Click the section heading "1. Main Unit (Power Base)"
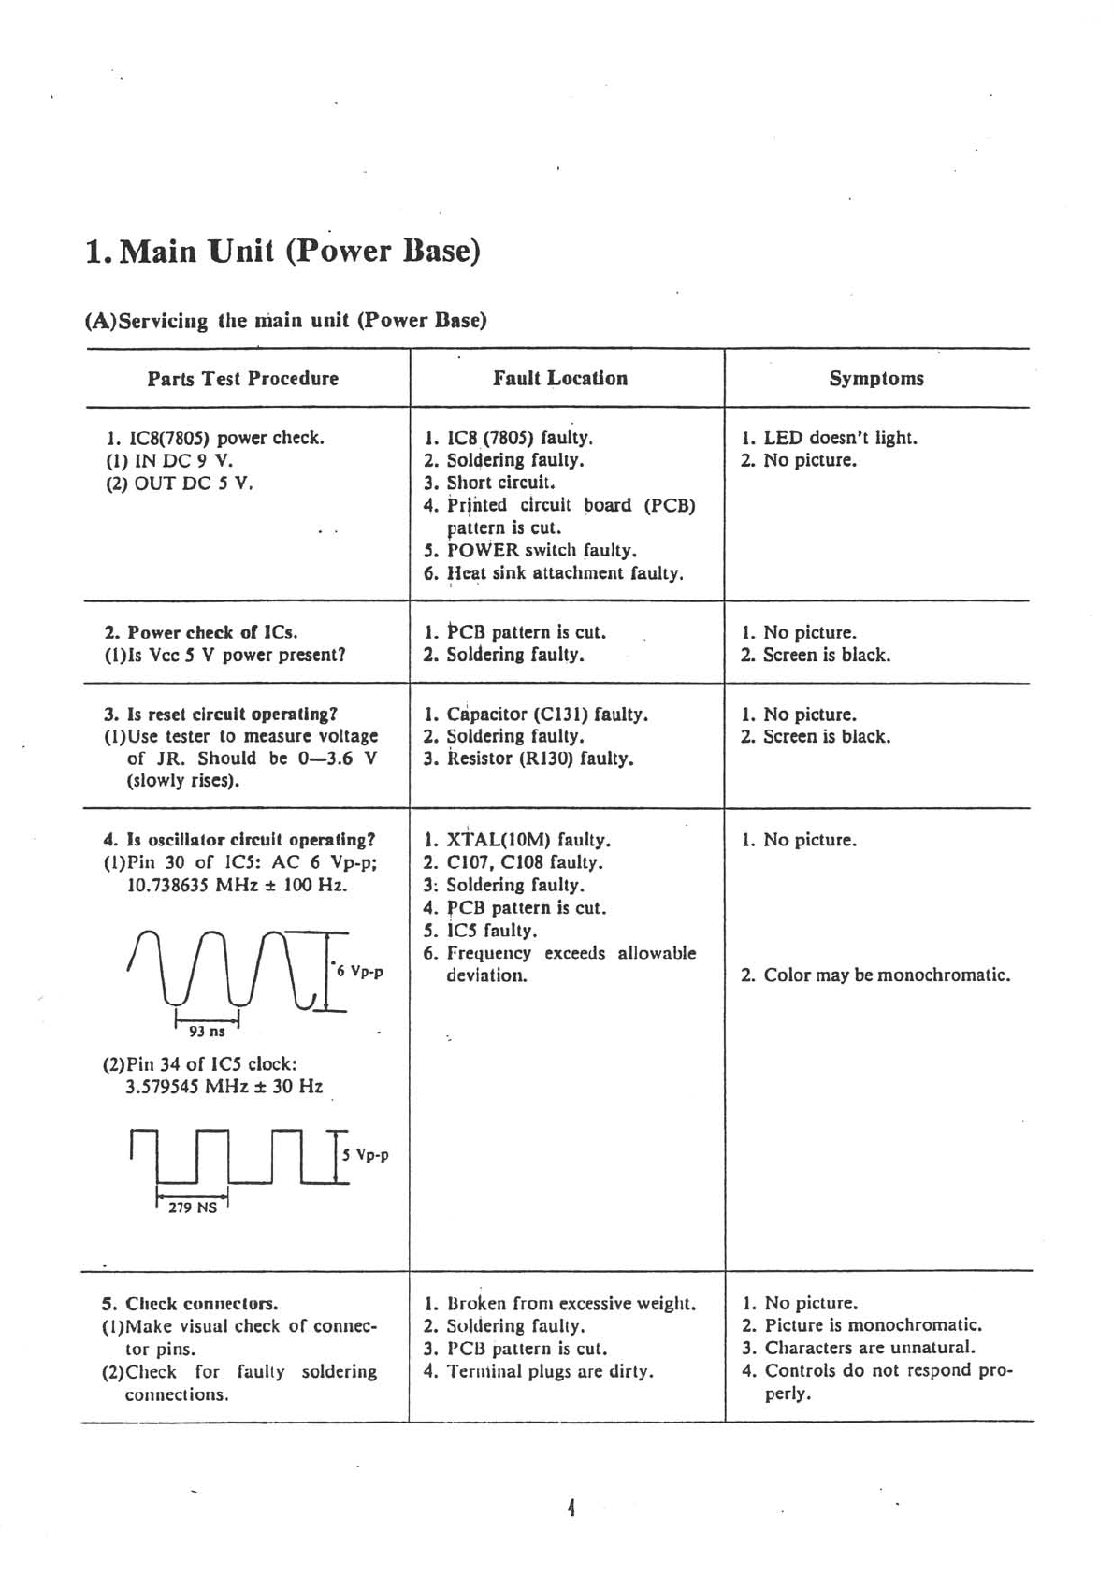pyautogui.click(x=282, y=253)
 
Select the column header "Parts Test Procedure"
pyautogui.click(x=242, y=379)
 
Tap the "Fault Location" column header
pyautogui.click(x=560, y=378)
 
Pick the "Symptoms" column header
pyautogui.click(x=876, y=379)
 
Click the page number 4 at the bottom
pyautogui.click(x=570, y=1508)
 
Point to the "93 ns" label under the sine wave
pyautogui.click(x=207, y=1031)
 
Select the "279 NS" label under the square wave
pyautogui.click(x=192, y=1207)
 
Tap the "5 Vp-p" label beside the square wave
pyautogui.click(x=366, y=1155)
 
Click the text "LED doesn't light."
pyautogui.click(x=840, y=438)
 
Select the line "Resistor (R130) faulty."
pyautogui.click(x=540, y=759)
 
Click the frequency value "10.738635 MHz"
pyautogui.click(x=182, y=885)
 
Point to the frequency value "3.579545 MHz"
pyautogui.click(x=183, y=1087)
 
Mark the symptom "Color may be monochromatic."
pyautogui.click(x=887, y=975)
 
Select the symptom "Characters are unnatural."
pyautogui.click(x=870, y=1348)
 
